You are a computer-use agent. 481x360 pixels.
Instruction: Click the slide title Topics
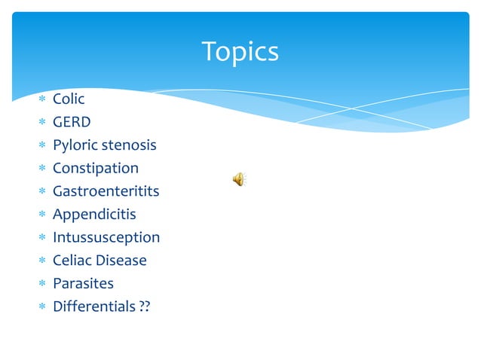[x=240, y=52]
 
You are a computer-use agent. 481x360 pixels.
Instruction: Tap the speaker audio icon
[x=238, y=178]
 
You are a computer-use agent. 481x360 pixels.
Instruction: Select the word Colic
[x=69, y=99]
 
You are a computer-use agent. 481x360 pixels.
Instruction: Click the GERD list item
[x=72, y=122]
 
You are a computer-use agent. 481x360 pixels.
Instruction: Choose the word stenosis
[x=129, y=145]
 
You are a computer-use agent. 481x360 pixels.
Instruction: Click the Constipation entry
[x=96, y=168]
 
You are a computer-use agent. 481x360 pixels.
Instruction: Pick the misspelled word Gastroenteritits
[x=106, y=191]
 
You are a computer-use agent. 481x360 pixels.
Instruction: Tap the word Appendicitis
[x=94, y=215]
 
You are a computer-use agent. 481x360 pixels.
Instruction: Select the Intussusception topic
[x=106, y=237]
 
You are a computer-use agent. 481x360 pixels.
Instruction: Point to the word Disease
[x=122, y=261]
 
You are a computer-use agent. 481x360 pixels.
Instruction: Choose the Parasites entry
[x=83, y=284]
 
